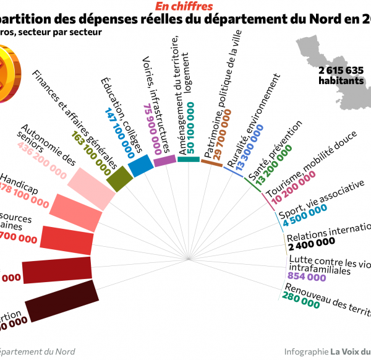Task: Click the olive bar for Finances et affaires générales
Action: point(120,178)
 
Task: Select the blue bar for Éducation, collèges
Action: point(141,166)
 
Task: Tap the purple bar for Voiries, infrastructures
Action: point(164,160)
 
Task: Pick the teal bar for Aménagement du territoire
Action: point(189,160)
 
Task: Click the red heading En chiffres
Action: point(184,6)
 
